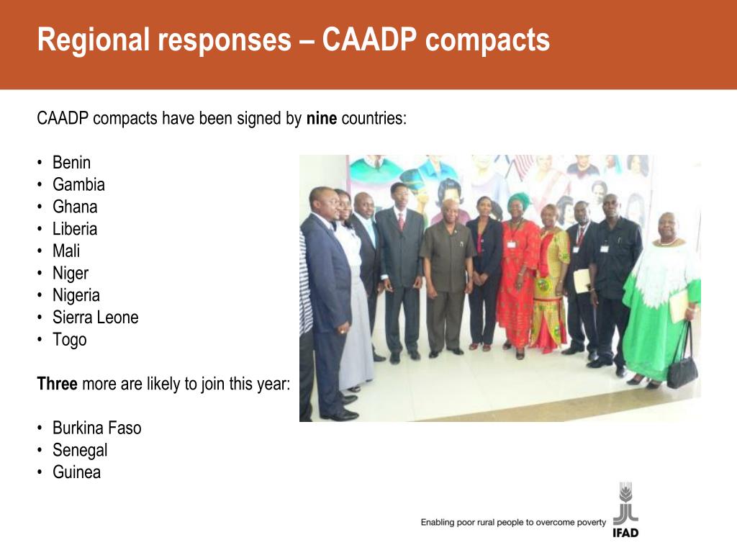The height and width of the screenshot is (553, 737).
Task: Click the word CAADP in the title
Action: click(x=369, y=40)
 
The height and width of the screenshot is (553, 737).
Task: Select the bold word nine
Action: click(x=322, y=118)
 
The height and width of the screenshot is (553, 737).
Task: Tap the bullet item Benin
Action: click(x=71, y=163)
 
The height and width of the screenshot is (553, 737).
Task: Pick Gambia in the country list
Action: click(x=78, y=185)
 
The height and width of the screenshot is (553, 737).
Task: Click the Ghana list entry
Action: click(x=75, y=207)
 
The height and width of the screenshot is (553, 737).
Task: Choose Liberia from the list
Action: click(x=75, y=229)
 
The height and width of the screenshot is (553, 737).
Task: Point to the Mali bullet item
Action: click(x=65, y=251)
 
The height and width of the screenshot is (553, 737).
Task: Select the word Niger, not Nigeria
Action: click(x=71, y=274)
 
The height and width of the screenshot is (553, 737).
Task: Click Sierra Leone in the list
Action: click(x=96, y=318)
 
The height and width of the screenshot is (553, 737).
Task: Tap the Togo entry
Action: click(x=70, y=340)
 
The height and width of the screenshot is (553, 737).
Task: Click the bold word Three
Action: click(x=58, y=384)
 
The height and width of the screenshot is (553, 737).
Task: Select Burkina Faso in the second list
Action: click(x=97, y=428)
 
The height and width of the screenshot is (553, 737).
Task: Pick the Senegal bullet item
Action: click(x=80, y=451)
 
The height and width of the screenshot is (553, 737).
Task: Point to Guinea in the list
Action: click(x=76, y=472)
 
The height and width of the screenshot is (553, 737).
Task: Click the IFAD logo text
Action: click(x=625, y=533)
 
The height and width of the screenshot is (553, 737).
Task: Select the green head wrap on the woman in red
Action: click(x=518, y=202)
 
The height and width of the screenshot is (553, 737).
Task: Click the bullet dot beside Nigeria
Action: click(x=40, y=295)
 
